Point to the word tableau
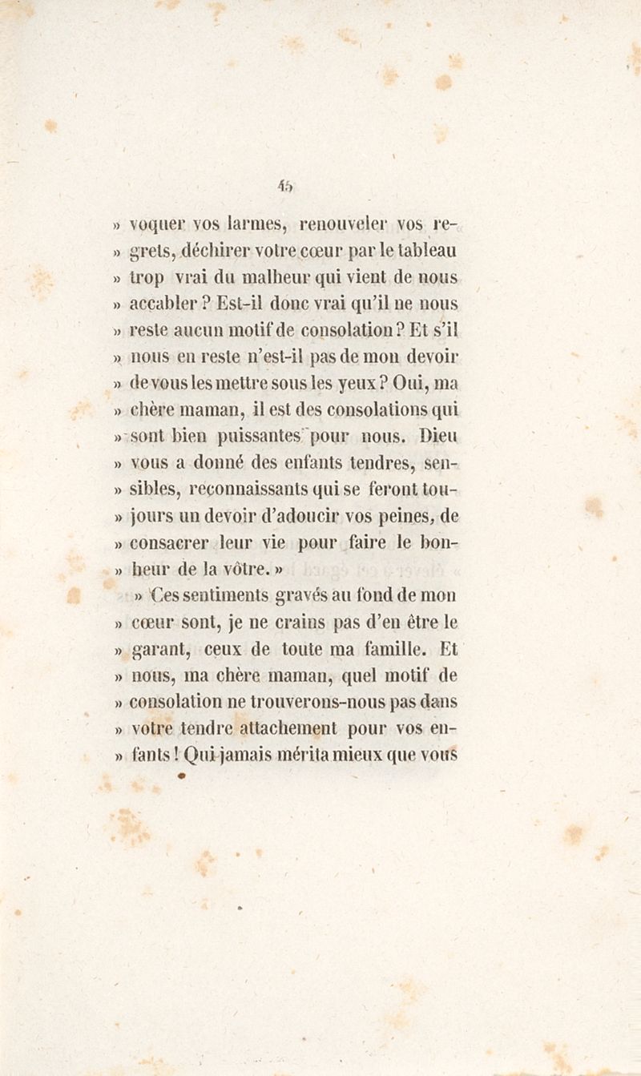[x=429, y=251]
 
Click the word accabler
[x=163, y=304]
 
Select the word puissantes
[x=260, y=437]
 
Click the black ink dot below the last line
[x=182, y=775]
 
